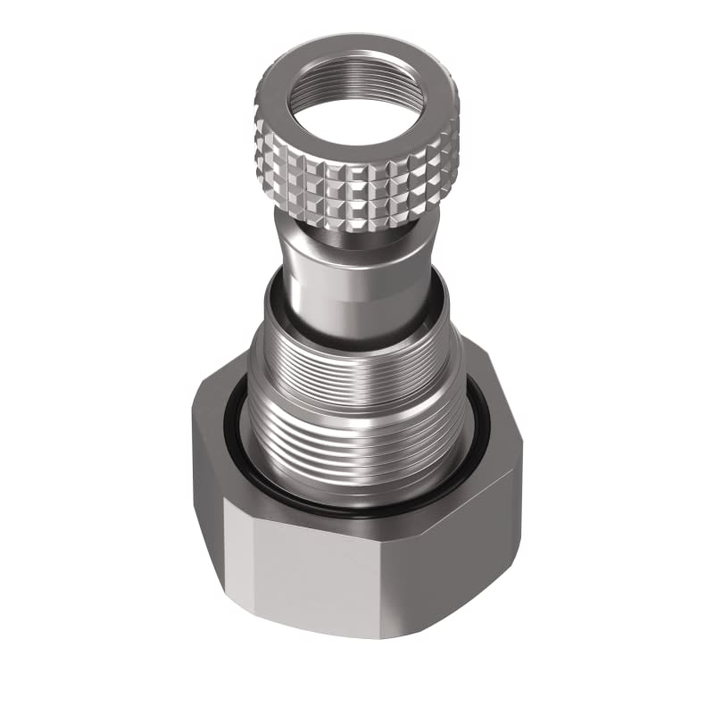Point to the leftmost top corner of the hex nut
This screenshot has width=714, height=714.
(192, 411)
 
